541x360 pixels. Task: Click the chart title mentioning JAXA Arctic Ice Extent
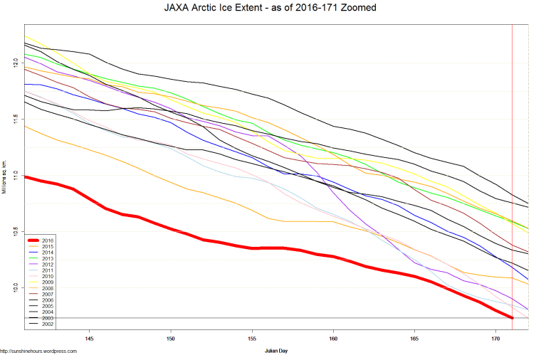(x=270, y=7)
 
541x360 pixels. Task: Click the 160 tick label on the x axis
(x=332, y=338)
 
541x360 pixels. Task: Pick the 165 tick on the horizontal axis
(x=414, y=338)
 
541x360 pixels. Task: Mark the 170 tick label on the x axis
(x=495, y=338)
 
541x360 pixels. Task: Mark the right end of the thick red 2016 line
(x=512, y=317)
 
